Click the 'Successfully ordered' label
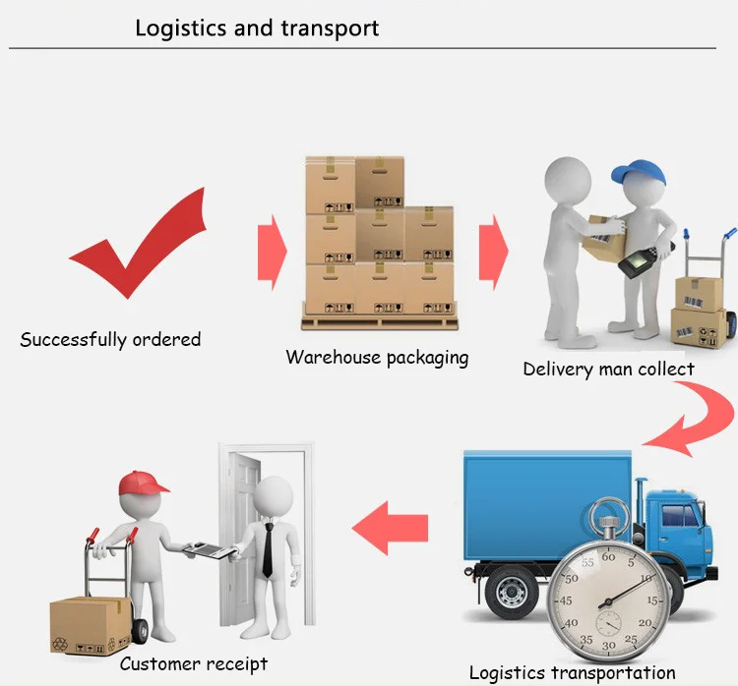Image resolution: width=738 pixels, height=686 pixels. [x=110, y=340]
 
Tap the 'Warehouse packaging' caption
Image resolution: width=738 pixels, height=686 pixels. [x=377, y=357]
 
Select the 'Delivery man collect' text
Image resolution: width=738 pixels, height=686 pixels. [x=608, y=370]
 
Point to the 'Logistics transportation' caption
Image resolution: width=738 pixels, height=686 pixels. [x=572, y=673]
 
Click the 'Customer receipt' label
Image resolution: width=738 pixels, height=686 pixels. [x=194, y=664]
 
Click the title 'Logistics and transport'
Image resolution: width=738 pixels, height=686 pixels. [x=257, y=28]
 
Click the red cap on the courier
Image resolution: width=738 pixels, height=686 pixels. [x=143, y=483]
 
